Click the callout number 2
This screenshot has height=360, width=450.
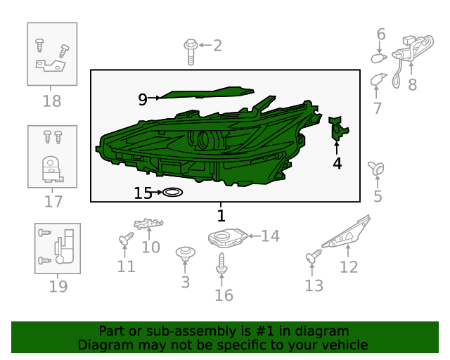click(x=217, y=46)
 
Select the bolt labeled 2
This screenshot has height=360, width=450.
click(x=191, y=51)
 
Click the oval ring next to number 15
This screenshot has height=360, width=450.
click(x=173, y=192)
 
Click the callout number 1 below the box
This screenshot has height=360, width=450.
click(x=221, y=215)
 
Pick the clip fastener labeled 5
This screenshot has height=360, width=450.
click(x=377, y=168)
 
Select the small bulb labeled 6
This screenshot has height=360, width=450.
click(x=378, y=58)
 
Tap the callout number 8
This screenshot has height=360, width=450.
click(x=412, y=85)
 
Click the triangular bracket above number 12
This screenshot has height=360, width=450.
click(x=348, y=235)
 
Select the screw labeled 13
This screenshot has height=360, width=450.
click(x=313, y=258)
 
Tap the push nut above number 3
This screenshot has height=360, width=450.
click(x=185, y=253)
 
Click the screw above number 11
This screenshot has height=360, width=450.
click(x=125, y=240)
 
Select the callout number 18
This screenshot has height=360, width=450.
click(x=52, y=101)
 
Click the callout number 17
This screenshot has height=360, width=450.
click(x=53, y=202)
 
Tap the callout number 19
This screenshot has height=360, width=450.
click(x=58, y=286)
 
